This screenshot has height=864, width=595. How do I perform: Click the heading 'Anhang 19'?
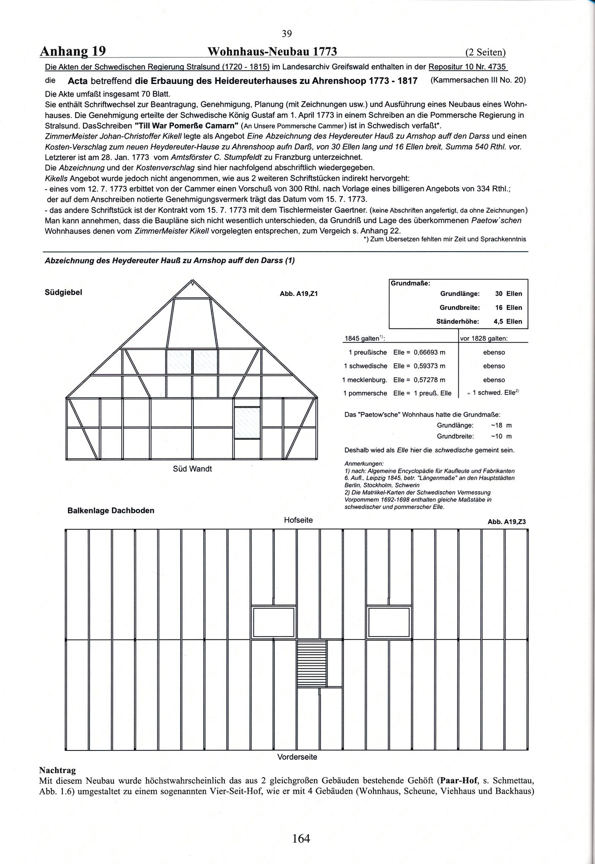point(73,51)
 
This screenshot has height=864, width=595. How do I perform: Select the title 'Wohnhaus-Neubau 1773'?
point(272,51)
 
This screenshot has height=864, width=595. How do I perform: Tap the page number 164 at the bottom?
point(301,838)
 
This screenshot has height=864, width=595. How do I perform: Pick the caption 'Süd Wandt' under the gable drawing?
point(192,469)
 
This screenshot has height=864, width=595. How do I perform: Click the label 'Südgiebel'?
point(63,292)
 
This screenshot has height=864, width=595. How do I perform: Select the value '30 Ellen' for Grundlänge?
point(508,294)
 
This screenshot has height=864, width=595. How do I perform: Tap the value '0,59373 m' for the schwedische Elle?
point(429,366)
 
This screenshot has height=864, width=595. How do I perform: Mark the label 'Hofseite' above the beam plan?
point(298,520)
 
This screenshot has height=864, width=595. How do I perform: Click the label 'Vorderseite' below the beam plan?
point(297,757)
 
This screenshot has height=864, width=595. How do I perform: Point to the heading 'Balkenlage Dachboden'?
point(111,511)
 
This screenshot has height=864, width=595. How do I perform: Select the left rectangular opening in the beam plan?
point(273,622)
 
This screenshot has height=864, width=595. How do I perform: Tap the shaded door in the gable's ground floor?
point(247,423)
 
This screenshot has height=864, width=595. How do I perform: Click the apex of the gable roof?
point(192,281)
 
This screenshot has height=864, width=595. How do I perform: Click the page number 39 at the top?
point(287,34)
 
